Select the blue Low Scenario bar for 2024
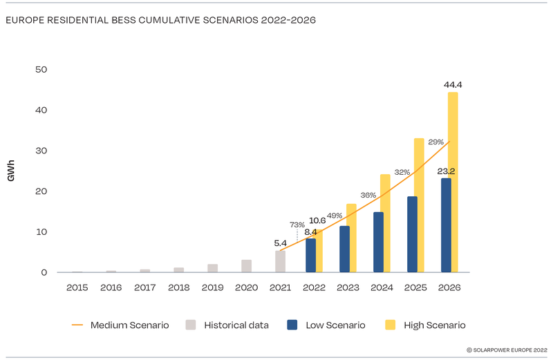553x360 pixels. coord(378,242)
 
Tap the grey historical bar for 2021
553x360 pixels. coord(280,261)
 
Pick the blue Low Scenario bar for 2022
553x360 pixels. coord(311,255)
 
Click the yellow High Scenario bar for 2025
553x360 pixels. coord(419,205)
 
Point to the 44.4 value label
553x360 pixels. coord(453,85)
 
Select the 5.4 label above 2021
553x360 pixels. coord(280,243)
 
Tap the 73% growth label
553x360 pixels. coord(297,224)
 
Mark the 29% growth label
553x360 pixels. coord(435,142)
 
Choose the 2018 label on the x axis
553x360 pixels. coord(178,286)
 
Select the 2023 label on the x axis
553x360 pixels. coord(348,286)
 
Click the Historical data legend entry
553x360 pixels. coord(234,325)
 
